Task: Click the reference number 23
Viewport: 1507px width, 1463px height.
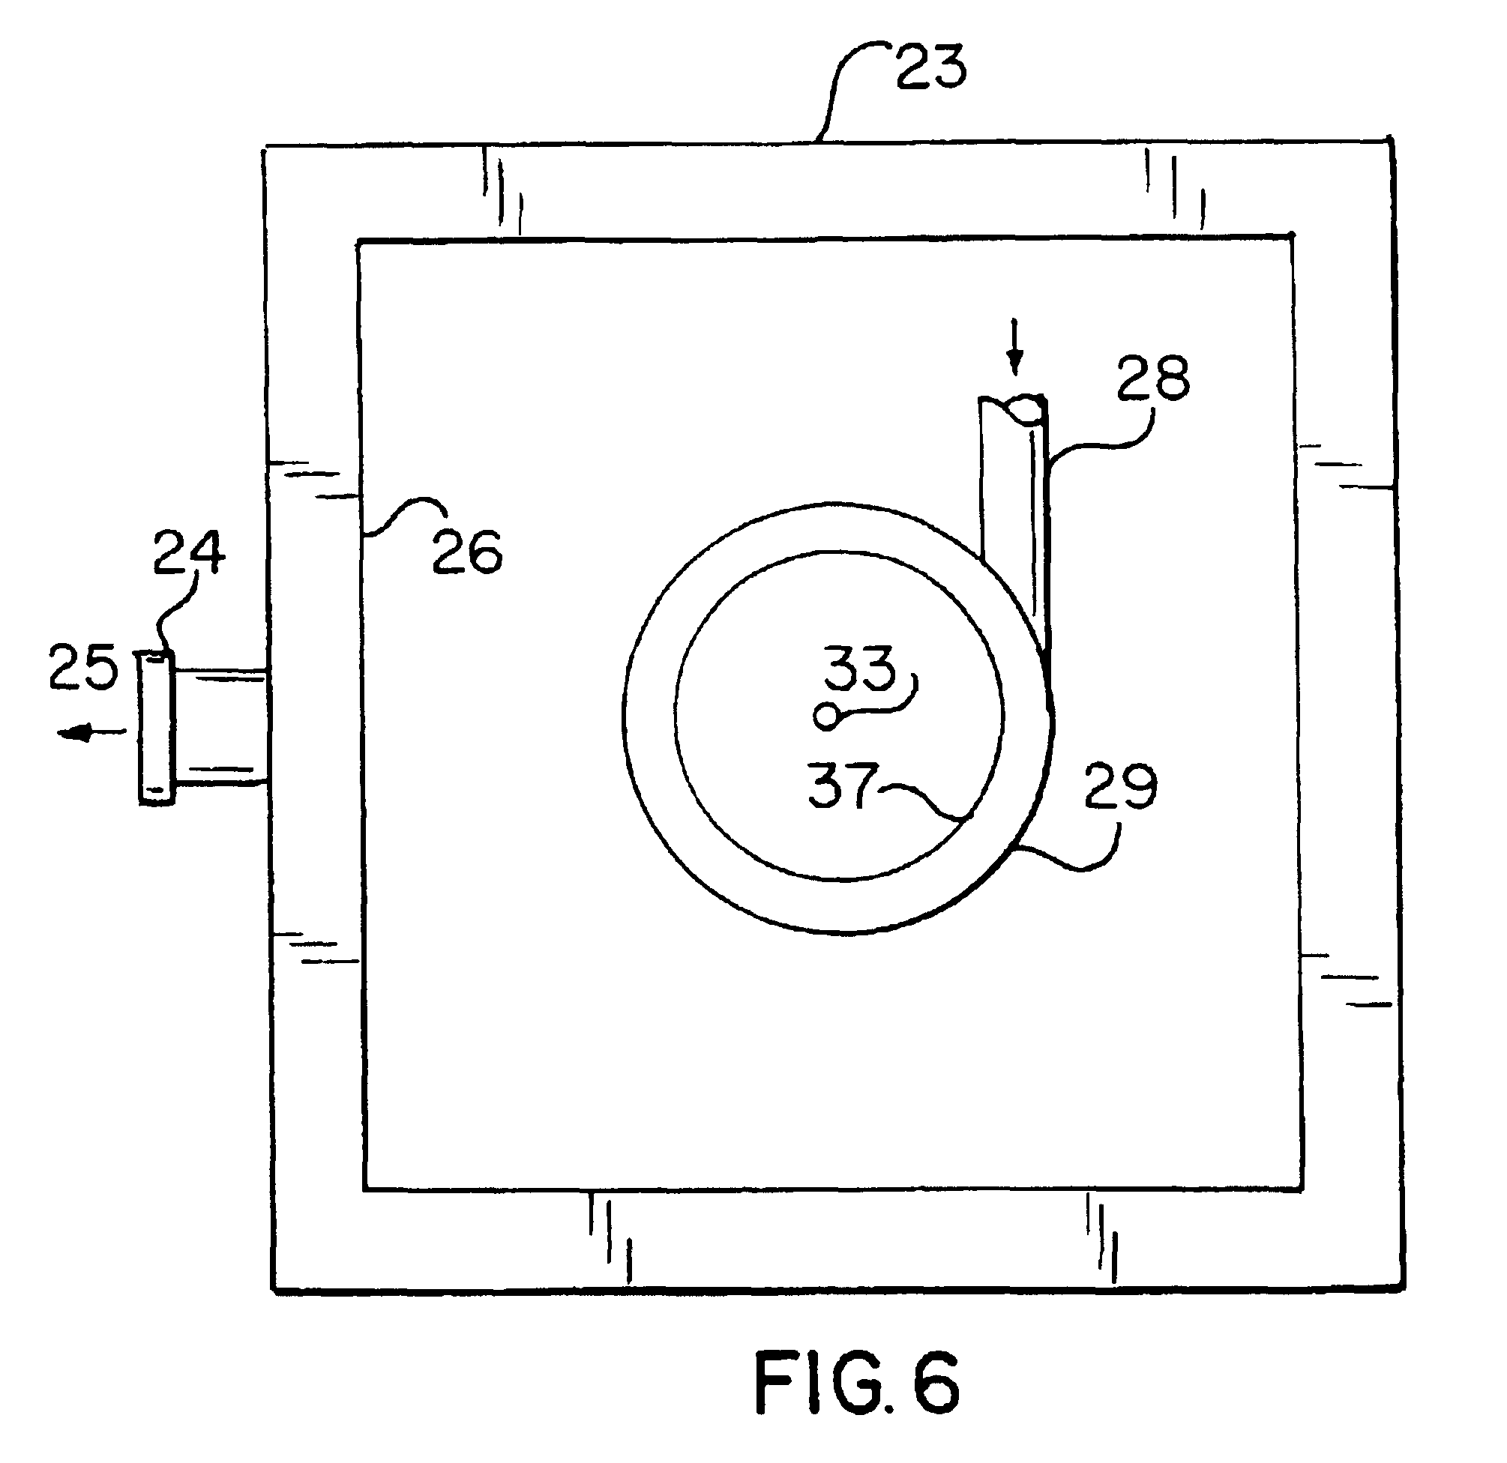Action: click(931, 67)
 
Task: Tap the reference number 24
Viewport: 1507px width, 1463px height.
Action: click(189, 552)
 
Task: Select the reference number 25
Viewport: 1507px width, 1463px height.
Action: click(83, 666)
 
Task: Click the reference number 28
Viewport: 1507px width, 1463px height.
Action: click(1153, 378)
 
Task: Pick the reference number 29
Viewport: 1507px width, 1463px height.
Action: click(1121, 785)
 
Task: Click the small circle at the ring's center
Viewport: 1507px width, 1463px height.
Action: click(826, 717)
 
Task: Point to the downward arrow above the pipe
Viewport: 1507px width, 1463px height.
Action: click(1016, 347)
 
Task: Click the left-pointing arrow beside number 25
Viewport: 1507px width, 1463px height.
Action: click(91, 733)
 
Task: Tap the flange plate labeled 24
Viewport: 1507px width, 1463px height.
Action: click(157, 727)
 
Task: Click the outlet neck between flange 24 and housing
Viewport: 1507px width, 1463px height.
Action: click(220, 727)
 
